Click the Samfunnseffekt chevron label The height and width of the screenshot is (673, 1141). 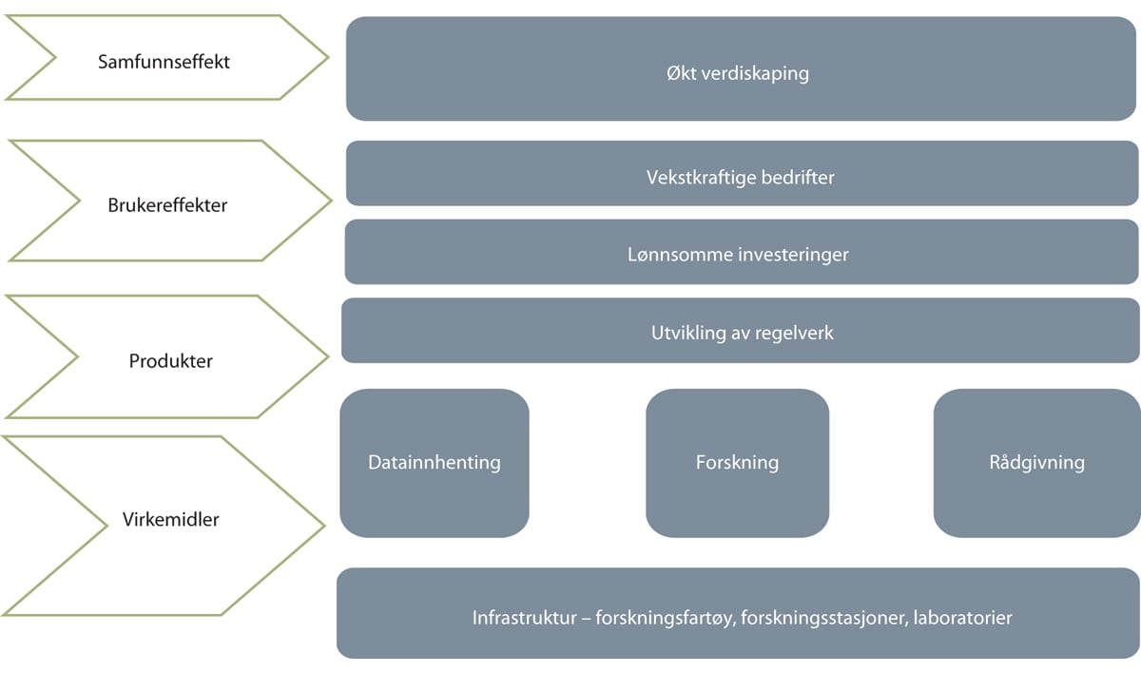(164, 63)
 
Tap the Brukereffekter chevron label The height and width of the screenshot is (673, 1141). (167, 204)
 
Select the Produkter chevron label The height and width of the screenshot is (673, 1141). (171, 361)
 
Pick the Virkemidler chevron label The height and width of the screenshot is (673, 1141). (171, 520)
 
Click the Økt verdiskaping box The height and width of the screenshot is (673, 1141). (742, 68)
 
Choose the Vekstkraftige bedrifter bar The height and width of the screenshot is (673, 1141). (742, 175)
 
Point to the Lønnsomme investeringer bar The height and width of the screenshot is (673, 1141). (742, 253)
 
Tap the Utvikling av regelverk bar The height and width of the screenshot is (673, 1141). (742, 332)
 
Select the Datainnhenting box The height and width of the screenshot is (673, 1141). (435, 463)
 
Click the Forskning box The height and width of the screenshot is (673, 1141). (737, 463)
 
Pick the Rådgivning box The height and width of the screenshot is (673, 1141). (1036, 463)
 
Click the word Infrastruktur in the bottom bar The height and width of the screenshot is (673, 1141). (525, 618)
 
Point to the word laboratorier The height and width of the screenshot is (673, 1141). (963, 618)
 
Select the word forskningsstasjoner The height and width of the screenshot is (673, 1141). (827, 618)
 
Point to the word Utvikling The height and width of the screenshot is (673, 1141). (683, 334)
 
